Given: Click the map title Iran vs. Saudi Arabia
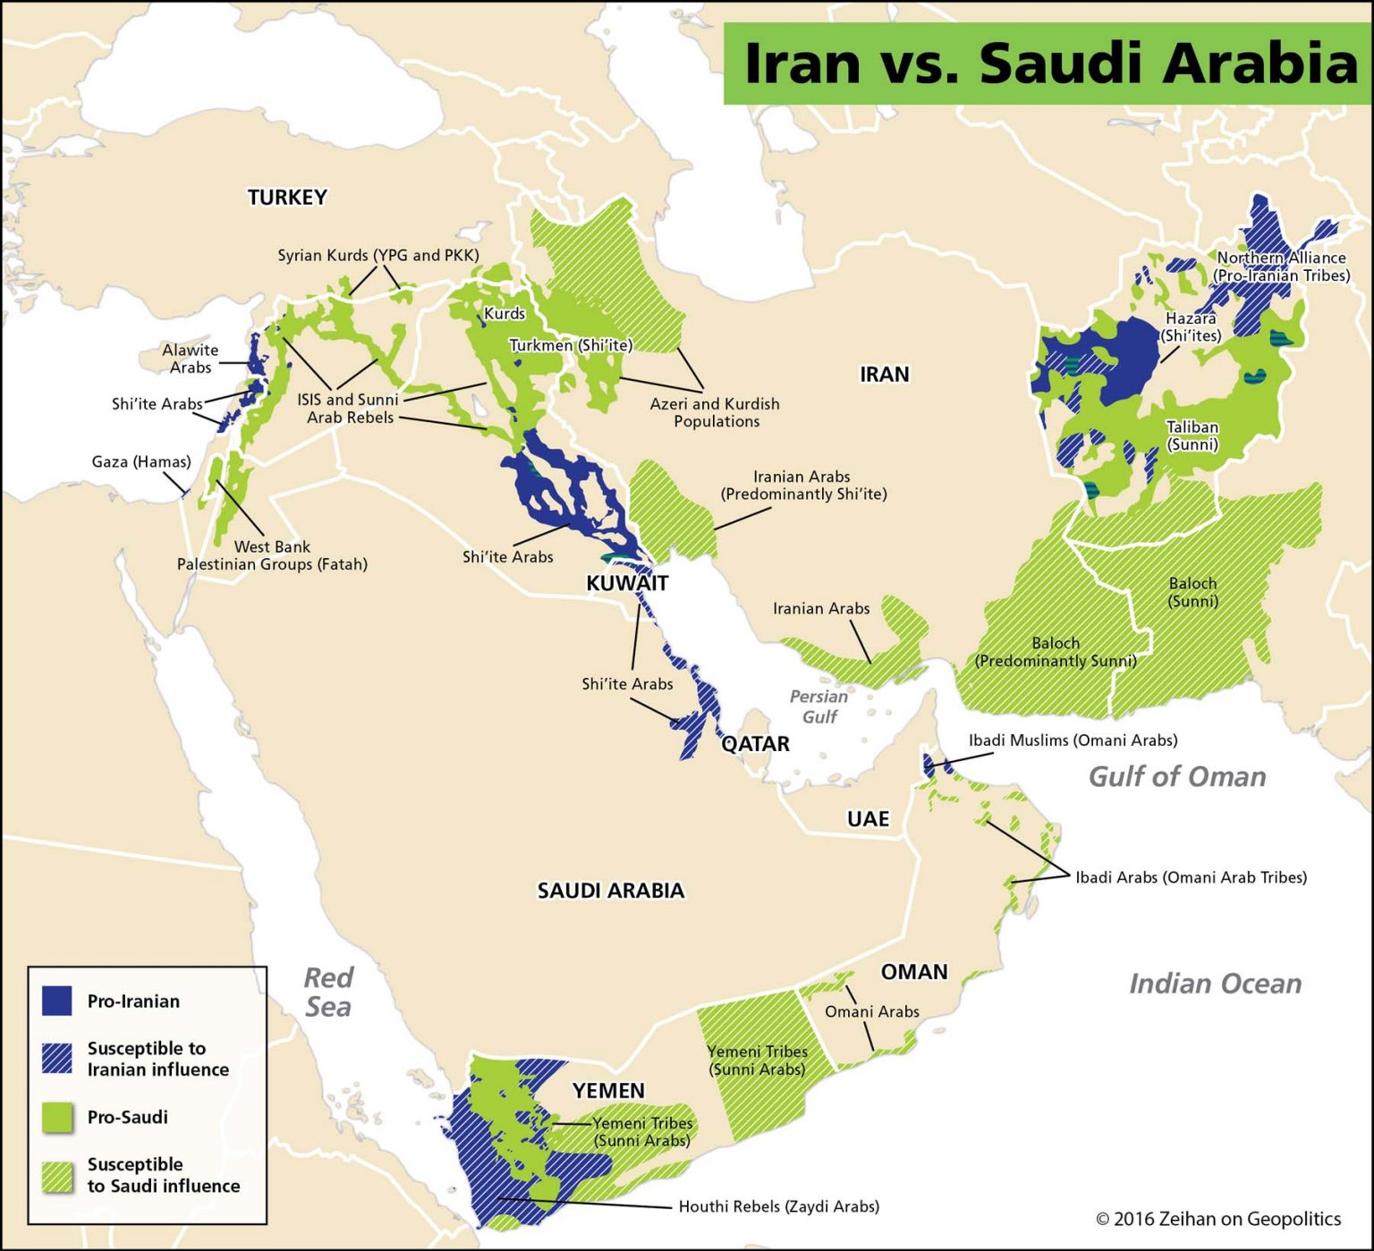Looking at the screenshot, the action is [1048, 63].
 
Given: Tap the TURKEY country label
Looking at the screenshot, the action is [287, 198].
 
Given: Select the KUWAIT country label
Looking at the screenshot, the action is [627, 584].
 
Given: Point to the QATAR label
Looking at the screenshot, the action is [756, 744].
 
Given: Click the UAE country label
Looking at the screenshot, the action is [868, 819].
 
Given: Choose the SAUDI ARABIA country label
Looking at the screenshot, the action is [610, 891].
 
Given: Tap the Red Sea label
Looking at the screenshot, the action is [327, 992].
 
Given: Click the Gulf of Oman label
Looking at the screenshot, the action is [1176, 776].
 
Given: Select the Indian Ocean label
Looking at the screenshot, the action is [1215, 984].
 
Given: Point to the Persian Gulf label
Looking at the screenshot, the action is [818, 706].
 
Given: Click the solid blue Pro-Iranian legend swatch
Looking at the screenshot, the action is [57, 1001].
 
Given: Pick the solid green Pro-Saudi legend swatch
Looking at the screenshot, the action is [57, 1117].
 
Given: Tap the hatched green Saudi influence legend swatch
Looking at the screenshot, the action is [57, 1175].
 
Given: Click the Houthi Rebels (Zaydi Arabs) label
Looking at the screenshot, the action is [778, 1206].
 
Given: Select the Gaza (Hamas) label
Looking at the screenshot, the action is [141, 462].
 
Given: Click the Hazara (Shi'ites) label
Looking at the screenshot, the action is [1191, 327].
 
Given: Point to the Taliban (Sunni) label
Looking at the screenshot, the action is [1192, 435].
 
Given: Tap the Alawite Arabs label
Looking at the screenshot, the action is [190, 359].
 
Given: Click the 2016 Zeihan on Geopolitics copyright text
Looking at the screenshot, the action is [1218, 1219].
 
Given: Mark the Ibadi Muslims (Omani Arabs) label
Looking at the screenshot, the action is [1073, 740].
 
